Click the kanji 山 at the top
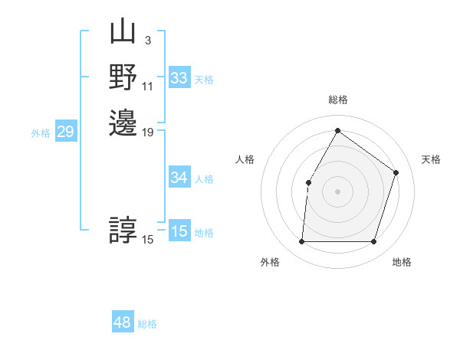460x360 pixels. (123, 33)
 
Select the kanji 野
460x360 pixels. (123, 77)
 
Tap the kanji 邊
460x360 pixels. (123, 123)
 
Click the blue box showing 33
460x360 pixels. (179, 78)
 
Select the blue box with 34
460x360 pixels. (179, 178)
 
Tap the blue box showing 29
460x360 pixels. (66, 132)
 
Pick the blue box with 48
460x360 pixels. (123, 322)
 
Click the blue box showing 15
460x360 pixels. (179, 231)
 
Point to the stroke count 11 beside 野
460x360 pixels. (147, 86)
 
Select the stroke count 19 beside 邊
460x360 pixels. (147, 133)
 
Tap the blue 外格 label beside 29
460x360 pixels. (41, 133)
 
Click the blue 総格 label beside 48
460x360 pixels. (147, 324)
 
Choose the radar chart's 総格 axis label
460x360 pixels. (337, 100)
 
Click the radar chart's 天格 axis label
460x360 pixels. (431, 159)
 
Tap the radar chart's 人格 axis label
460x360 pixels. (245, 159)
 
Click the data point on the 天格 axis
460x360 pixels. (396, 172)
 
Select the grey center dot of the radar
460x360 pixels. (337, 191)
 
